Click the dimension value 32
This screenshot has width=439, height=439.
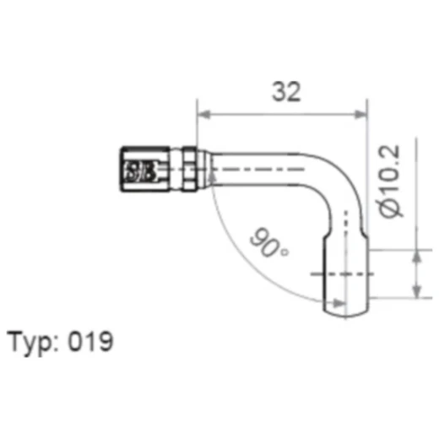tap(287, 92)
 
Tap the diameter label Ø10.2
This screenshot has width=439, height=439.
tap(391, 179)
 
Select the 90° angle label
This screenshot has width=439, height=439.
tap(269, 245)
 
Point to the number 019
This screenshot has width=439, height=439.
tap(92, 342)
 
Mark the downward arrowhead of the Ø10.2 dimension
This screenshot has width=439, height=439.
tap(415, 257)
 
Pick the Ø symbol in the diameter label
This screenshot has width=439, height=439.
tap(391, 207)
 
